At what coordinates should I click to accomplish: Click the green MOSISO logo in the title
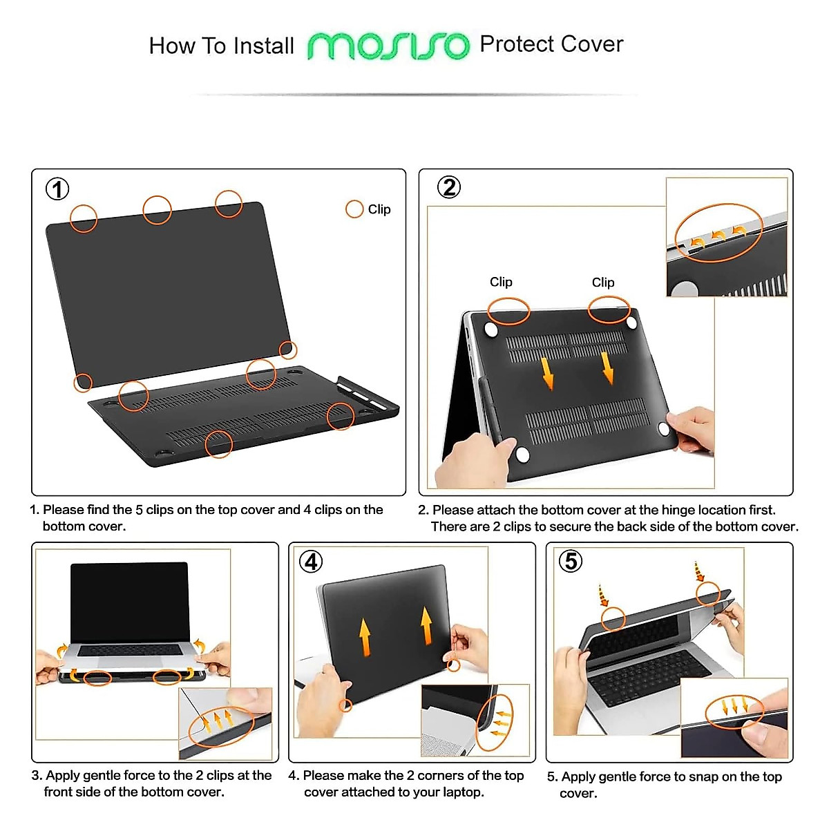388,46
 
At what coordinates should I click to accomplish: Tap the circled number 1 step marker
57,189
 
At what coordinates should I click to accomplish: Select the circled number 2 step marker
449,187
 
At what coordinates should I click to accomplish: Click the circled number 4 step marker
311,561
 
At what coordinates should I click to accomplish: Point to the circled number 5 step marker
571,560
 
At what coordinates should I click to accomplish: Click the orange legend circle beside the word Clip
354,209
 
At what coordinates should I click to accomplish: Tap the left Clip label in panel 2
501,282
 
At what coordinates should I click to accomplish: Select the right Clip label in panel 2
603,282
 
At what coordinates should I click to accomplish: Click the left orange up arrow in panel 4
365,636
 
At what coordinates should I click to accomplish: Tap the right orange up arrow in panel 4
427,625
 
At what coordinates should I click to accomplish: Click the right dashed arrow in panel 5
698,571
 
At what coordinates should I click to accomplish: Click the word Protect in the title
517,44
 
